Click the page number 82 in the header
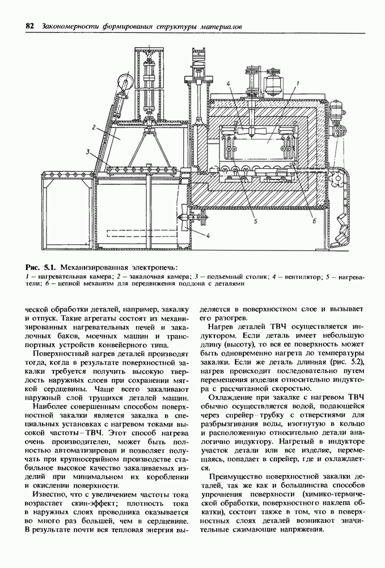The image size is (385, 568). pyautogui.click(x=29, y=26)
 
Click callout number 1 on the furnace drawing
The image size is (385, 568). pyautogui.click(x=297, y=83)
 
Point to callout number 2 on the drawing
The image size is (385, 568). pyautogui.click(x=91, y=129)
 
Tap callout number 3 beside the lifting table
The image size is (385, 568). pyautogui.click(x=88, y=152)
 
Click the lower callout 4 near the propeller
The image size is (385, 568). pyautogui.click(x=209, y=235)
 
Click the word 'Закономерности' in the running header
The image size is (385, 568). pyautogui.click(x=68, y=26)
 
